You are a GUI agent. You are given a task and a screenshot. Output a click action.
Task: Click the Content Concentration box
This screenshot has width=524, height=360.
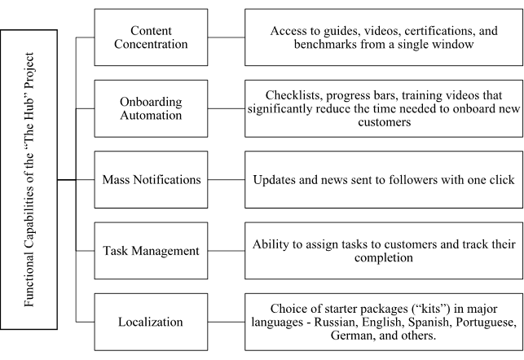[150, 37]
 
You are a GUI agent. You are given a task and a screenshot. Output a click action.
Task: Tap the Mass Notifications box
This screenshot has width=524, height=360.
[150, 178]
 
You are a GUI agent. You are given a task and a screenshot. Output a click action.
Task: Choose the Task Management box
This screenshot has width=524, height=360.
[150, 250]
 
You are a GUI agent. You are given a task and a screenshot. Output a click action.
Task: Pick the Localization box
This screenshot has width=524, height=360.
[150, 321]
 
